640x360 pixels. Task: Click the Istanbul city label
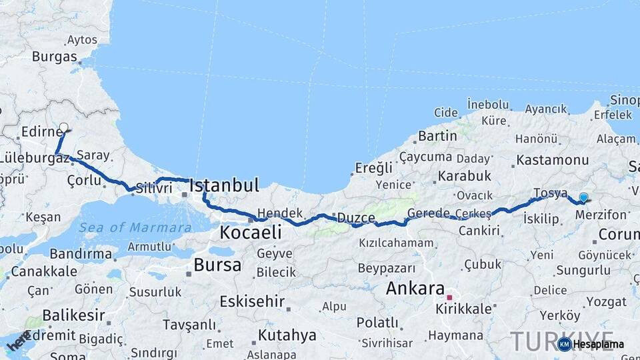click(223, 185)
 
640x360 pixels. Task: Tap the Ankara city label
click(415, 289)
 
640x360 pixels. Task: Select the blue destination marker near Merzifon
click(584, 197)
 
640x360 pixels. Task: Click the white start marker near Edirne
click(64, 127)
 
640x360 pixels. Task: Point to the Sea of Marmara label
click(135, 228)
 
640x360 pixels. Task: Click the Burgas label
click(55, 57)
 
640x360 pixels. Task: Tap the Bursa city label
click(217, 265)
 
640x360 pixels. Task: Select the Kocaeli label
click(251, 233)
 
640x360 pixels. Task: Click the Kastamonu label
click(553, 160)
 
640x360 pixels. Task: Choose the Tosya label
click(550, 193)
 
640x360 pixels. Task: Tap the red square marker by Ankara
click(449, 297)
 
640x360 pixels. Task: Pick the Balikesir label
click(73, 315)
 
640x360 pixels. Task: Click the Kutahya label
click(287, 335)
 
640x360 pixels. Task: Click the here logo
click(18, 342)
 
